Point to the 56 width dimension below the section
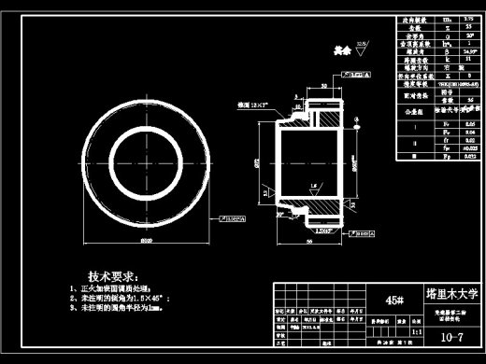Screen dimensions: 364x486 [x=306, y=240]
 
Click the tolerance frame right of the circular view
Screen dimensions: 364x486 [x=233, y=220]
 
